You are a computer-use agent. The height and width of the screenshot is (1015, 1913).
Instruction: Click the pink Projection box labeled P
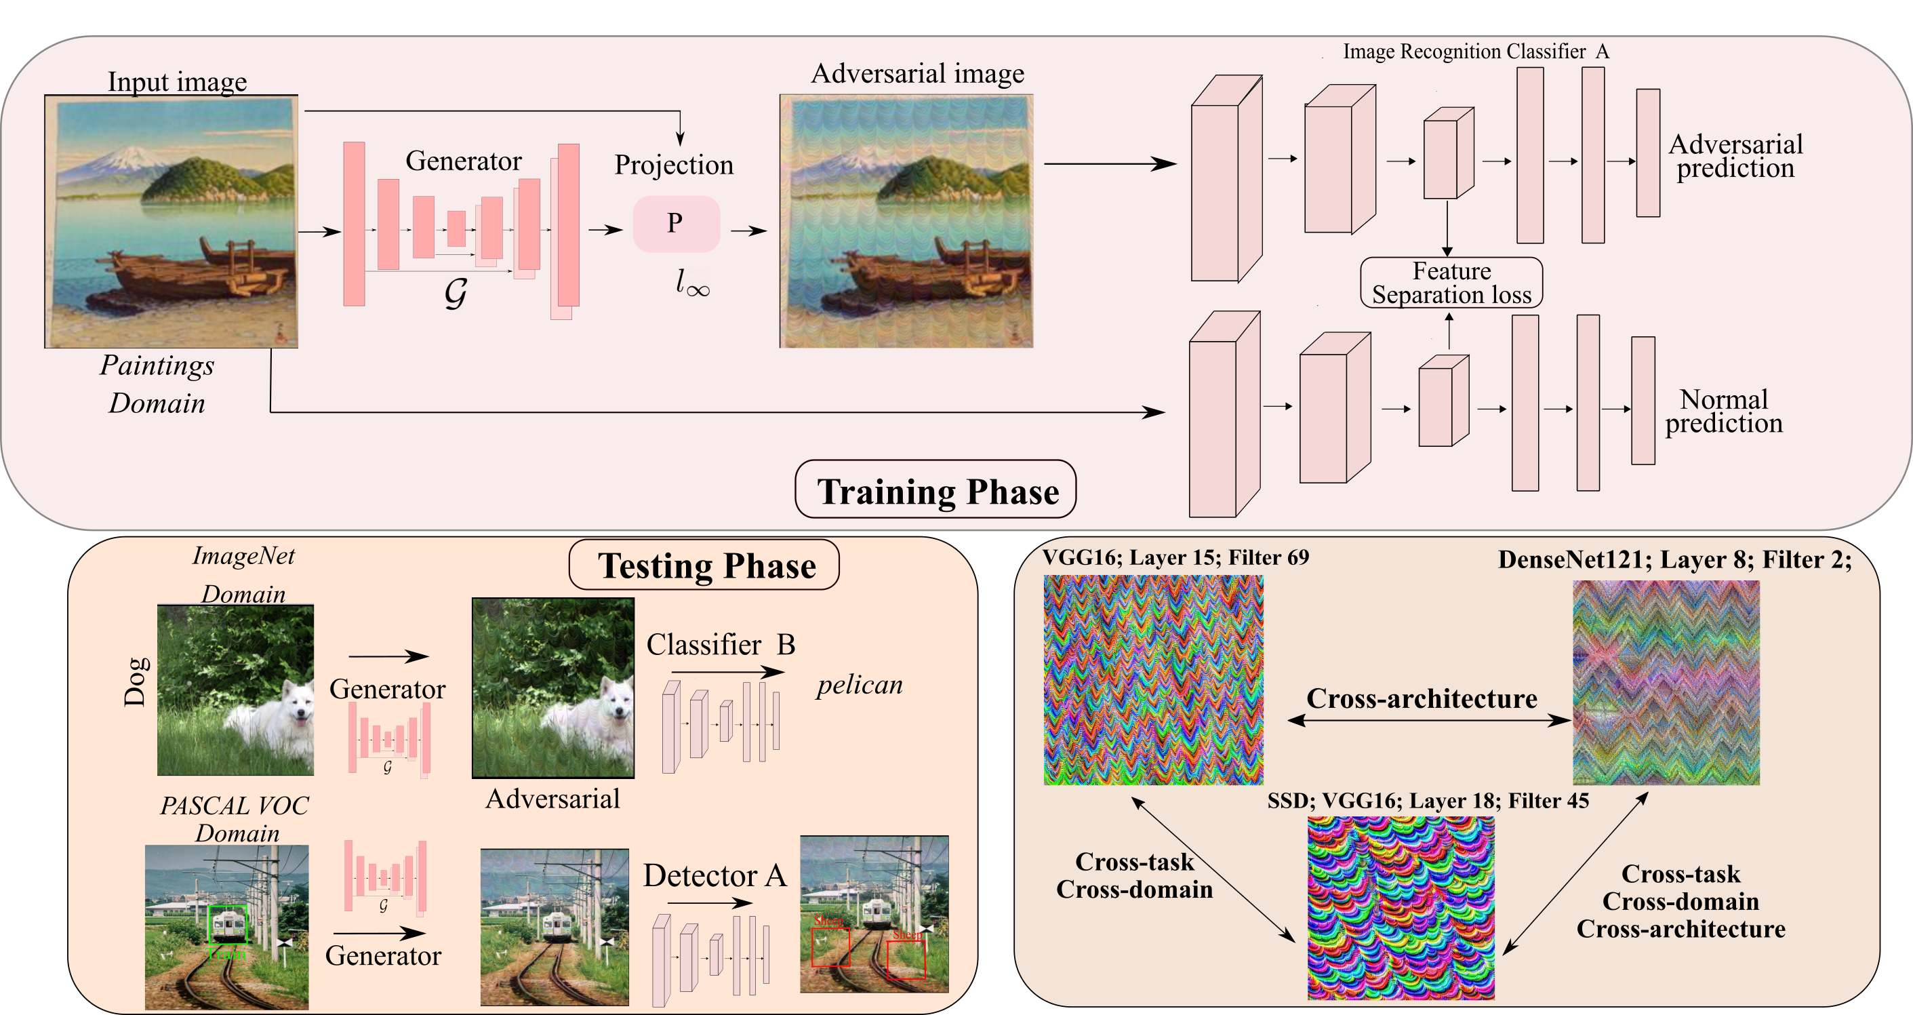pos(676,224)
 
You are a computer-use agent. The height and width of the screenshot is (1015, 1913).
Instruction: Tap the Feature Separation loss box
pos(1451,283)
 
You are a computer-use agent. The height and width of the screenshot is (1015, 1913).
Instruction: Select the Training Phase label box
pos(935,491)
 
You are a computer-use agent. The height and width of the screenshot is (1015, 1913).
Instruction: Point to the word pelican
pos(859,685)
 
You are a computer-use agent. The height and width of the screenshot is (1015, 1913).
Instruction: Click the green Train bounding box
pos(227,924)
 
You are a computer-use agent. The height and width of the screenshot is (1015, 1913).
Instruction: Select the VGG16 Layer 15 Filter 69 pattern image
pos(1153,679)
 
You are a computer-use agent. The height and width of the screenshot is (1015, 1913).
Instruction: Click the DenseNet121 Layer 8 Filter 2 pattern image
pos(1666,682)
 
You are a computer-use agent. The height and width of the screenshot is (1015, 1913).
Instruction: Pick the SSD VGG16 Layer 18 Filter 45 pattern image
pos(1401,907)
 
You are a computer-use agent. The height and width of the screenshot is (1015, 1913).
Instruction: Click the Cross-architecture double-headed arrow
pos(1429,720)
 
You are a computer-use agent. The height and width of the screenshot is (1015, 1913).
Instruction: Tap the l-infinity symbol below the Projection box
pos(692,283)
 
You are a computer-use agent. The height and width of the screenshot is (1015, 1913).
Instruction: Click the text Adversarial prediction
pos(1735,156)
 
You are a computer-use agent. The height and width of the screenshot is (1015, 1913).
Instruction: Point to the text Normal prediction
pos(1723,412)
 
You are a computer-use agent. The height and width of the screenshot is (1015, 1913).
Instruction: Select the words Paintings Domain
pos(157,384)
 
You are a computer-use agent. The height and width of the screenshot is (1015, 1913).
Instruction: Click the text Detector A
pos(714,875)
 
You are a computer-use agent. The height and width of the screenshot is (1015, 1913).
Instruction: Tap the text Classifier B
pos(721,645)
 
